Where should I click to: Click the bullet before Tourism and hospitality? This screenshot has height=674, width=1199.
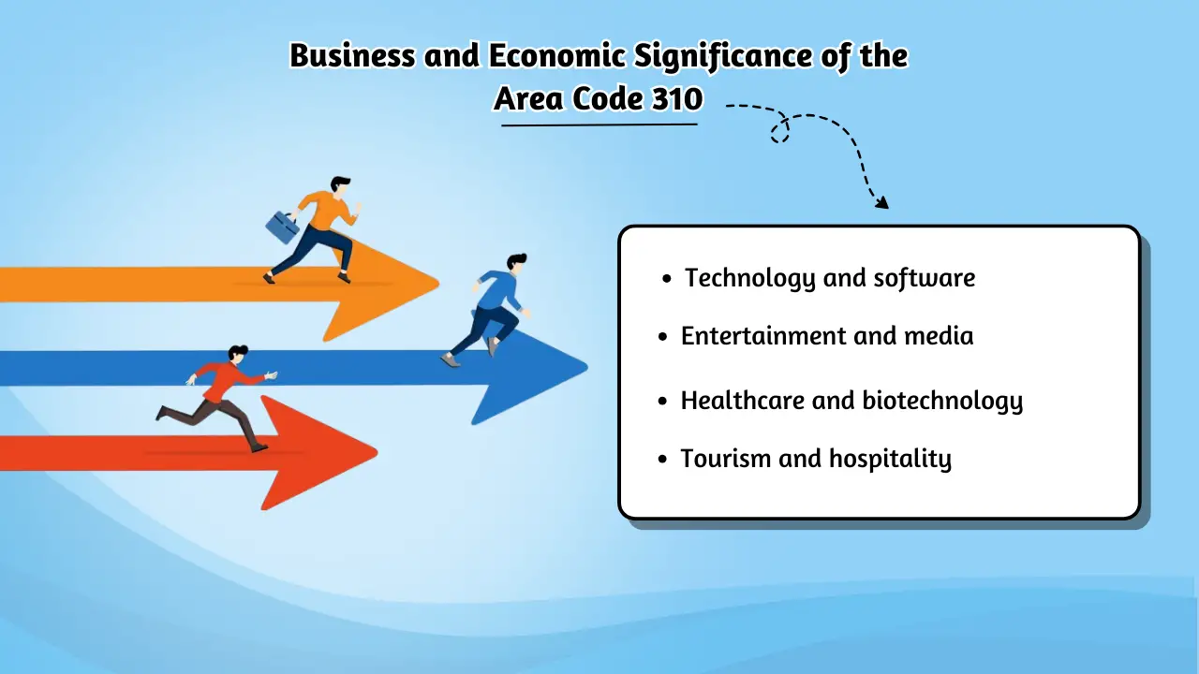pos(662,460)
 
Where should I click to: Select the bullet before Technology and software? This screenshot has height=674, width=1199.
pos(667,279)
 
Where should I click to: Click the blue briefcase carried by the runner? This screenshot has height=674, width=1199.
pos(282,226)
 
